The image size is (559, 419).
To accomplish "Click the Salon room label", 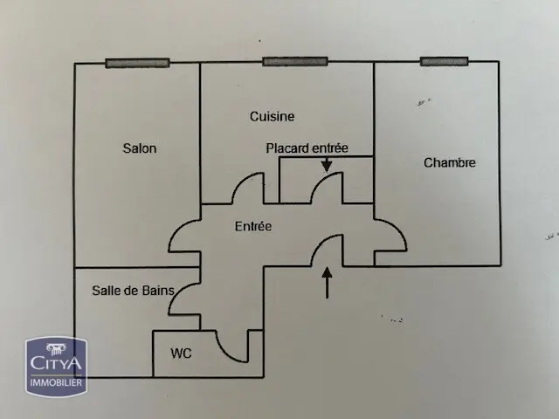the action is [x=140, y=148].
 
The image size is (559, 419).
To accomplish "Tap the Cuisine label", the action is [x=272, y=116].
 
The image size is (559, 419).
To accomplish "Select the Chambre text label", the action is [x=450, y=162].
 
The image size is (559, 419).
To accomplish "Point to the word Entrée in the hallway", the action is [x=253, y=226].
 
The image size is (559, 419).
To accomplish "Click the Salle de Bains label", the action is [x=134, y=291].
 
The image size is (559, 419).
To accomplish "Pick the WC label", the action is [x=181, y=353].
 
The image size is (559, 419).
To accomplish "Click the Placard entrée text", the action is [x=307, y=148].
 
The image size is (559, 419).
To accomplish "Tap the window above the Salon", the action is [x=137, y=63].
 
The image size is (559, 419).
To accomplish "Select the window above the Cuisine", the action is [x=295, y=61].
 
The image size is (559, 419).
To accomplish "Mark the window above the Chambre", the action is [x=445, y=61].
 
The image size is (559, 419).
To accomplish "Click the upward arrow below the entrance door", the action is [x=327, y=283].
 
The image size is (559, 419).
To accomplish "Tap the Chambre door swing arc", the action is [x=398, y=228].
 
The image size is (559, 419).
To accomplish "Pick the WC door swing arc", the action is [x=224, y=353].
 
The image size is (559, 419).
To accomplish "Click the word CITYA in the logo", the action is [x=56, y=363].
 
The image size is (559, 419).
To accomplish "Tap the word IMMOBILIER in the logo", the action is [x=56, y=382].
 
